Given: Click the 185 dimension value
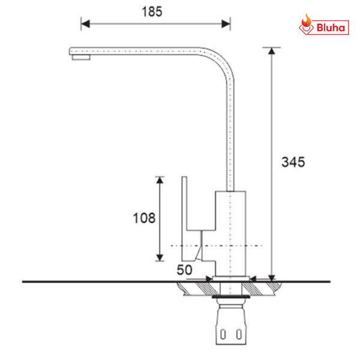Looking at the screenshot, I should [155, 11].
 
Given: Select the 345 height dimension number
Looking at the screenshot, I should [293, 162].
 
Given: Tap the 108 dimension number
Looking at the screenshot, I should [144, 218].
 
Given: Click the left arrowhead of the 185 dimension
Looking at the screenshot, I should [85, 24].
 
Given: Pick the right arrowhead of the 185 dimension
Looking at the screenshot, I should [226, 24].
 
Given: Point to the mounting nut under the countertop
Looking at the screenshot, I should [230, 296].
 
